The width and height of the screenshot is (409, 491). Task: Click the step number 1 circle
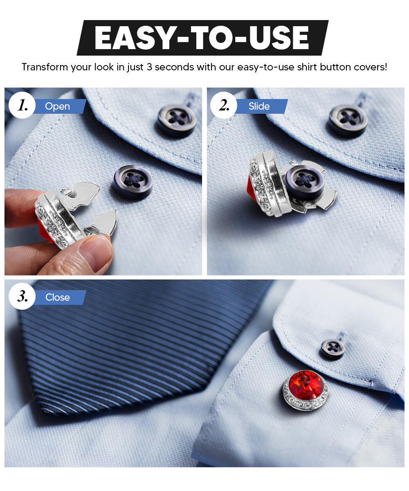[22, 106]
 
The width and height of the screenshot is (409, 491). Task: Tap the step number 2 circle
[224, 106]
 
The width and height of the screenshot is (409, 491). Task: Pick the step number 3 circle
[22, 297]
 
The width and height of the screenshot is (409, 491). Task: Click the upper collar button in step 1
[176, 120]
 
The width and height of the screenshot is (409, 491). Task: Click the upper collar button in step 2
[348, 120]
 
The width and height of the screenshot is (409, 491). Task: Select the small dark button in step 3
[332, 349]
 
